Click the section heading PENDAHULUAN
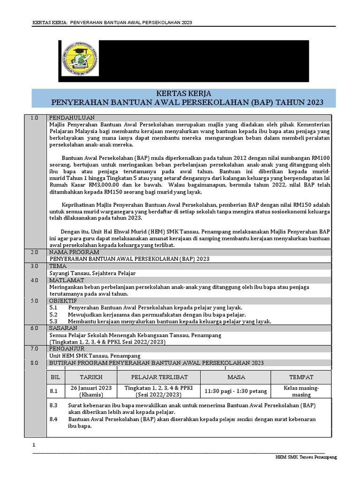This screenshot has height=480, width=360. pyautogui.click(x=72, y=118)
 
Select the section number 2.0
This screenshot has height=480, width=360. pyautogui.click(x=34, y=252)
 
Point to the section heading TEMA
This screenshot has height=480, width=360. pyautogui.click(x=58, y=266)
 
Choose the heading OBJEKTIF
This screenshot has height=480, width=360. pyautogui.click(x=64, y=300)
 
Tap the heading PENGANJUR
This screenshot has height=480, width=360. pyautogui.click(x=67, y=349)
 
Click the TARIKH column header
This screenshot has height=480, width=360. pyautogui.click(x=91, y=377)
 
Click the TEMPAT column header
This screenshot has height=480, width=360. pyautogui.click(x=301, y=377)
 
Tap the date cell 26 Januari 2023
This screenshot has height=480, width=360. pyautogui.click(x=91, y=391)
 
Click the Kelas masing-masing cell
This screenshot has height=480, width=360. pyautogui.click(x=301, y=391)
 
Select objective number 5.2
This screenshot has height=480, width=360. pyautogui.click(x=53, y=314)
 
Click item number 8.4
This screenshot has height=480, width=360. pyautogui.click(x=53, y=419)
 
